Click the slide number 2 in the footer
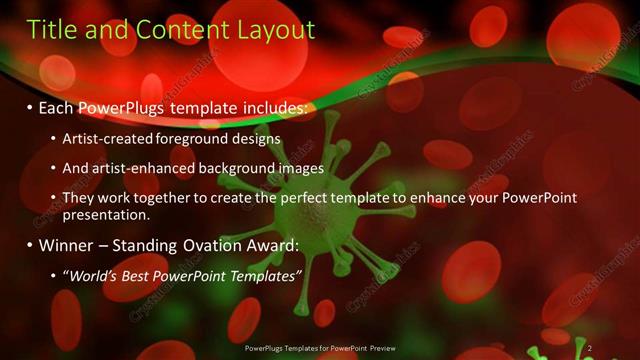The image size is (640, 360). coord(590,348)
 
